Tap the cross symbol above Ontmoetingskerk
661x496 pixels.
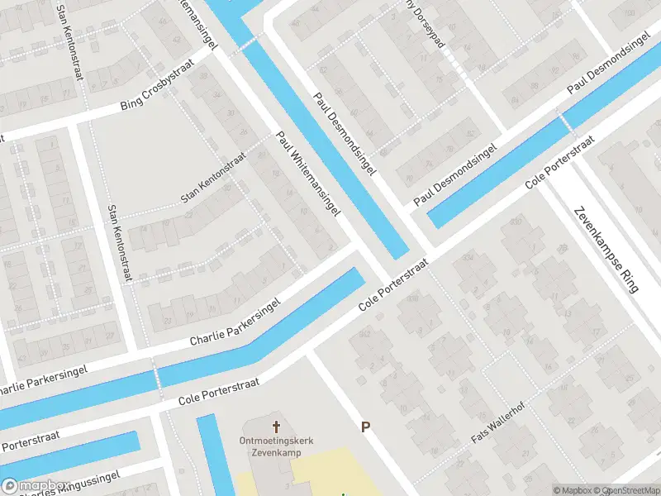pos(276,427)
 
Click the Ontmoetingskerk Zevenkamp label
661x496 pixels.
pos(276,447)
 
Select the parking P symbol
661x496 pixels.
pos(365,427)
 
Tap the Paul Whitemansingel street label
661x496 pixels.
pos(308,174)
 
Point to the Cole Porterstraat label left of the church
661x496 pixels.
pos(219,392)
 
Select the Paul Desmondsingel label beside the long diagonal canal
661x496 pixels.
pos(345,133)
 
